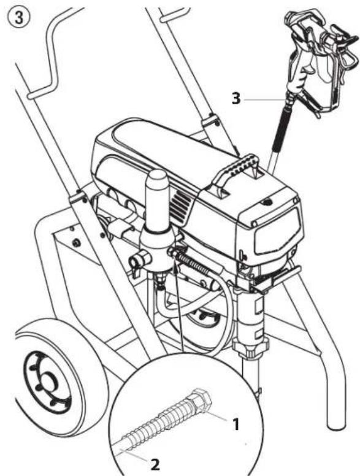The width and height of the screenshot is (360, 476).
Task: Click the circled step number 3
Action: pyautogui.click(x=19, y=17)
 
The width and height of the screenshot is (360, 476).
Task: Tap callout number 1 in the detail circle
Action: pyautogui.click(x=236, y=424)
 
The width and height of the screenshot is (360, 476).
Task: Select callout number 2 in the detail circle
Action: pyautogui.click(x=155, y=465)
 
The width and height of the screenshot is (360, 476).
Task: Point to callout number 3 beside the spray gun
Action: pyautogui.click(x=236, y=99)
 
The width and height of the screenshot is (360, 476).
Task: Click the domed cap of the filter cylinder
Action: pyautogui.click(x=157, y=180)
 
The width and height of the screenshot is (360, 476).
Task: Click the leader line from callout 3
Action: pyautogui.click(x=264, y=99)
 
